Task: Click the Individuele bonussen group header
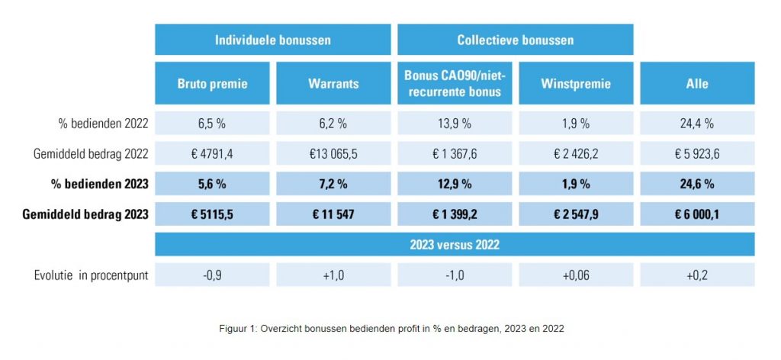[x=272, y=40]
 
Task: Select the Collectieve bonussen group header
[x=515, y=40]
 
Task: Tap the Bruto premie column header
[x=212, y=83]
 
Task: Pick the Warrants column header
[x=333, y=83]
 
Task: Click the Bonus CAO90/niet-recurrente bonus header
[x=455, y=83]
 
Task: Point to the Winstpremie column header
[x=576, y=83]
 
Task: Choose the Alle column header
[x=697, y=83]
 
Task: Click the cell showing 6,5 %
[x=212, y=123]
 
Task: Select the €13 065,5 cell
[x=333, y=153]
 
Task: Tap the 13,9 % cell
[x=455, y=123]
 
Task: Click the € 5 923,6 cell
[x=697, y=153]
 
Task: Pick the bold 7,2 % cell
[x=333, y=184]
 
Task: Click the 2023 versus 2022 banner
[x=455, y=245]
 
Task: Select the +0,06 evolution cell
[x=576, y=275]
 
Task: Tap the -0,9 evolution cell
[x=212, y=275]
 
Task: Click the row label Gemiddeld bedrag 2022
[x=91, y=153]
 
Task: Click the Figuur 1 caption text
[x=390, y=327]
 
